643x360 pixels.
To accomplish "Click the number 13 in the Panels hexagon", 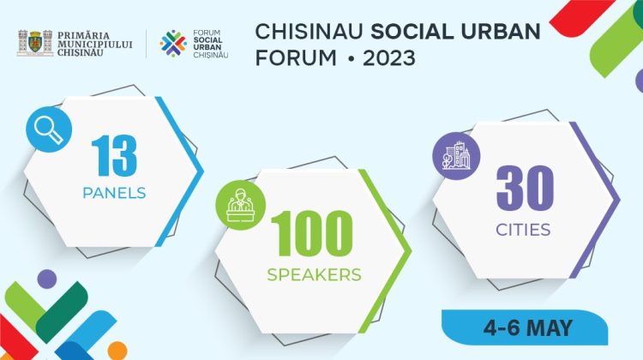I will click(x=114, y=156).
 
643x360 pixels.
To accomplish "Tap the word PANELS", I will click(x=114, y=193).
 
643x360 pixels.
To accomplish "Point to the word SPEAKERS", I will click(x=313, y=275).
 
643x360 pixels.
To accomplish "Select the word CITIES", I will click(x=523, y=230).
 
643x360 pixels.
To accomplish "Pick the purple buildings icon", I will click(x=456, y=155).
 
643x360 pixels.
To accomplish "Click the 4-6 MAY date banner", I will click(x=540, y=327).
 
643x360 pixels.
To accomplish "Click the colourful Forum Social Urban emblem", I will click(x=173, y=42).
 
